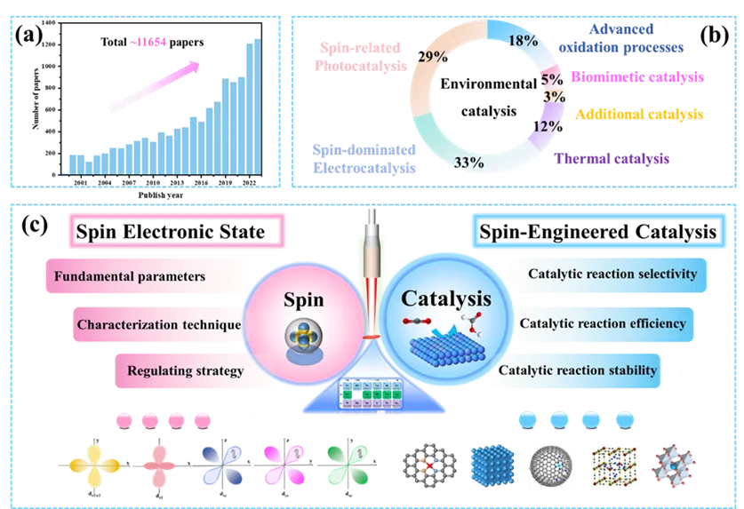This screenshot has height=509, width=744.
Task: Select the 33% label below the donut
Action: (468, 163)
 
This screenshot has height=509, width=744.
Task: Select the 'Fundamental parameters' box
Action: (130, 276)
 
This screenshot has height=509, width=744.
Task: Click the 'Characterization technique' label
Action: (158, 324)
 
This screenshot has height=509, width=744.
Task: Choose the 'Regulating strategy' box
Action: (185, 370)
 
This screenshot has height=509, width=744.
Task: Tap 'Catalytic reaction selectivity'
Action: (612, 274)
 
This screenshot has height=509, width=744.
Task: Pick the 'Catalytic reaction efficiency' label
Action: (602, 323)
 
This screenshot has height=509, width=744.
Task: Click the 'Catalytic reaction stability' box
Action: (579, 370)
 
